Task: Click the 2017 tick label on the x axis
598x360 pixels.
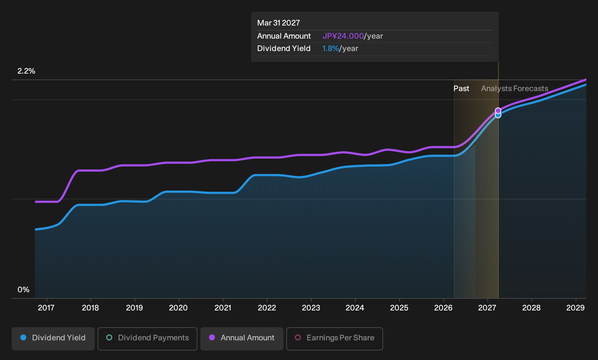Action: [46, 308]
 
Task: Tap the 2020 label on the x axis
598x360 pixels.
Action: [178, 308]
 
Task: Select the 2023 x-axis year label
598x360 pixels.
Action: [311, 308]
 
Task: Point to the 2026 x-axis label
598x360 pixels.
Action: [443, 308]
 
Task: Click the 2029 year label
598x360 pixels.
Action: [575, 308]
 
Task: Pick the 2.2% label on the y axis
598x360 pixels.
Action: [26, 71]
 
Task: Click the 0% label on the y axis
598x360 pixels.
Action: [24, 290]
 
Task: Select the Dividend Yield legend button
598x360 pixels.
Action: [53, 339]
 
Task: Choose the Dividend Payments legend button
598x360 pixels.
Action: [147, 339]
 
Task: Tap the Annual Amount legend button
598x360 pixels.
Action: [241, 339]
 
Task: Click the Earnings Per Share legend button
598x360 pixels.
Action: [334, 339]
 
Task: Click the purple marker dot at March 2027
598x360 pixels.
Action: [498, 110]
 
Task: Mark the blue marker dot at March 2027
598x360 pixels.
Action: [498, 116]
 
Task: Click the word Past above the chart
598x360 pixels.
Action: [461, 89]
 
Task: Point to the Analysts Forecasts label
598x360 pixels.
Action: [515, 89]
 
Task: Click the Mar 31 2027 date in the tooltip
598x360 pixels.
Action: [279, 23]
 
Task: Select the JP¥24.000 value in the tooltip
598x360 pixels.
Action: [343, 36]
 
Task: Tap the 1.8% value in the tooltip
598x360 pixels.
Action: [330, 48]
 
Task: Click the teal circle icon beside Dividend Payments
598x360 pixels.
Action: [109, 337]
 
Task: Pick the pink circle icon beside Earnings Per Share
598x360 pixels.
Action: [298, 337]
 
